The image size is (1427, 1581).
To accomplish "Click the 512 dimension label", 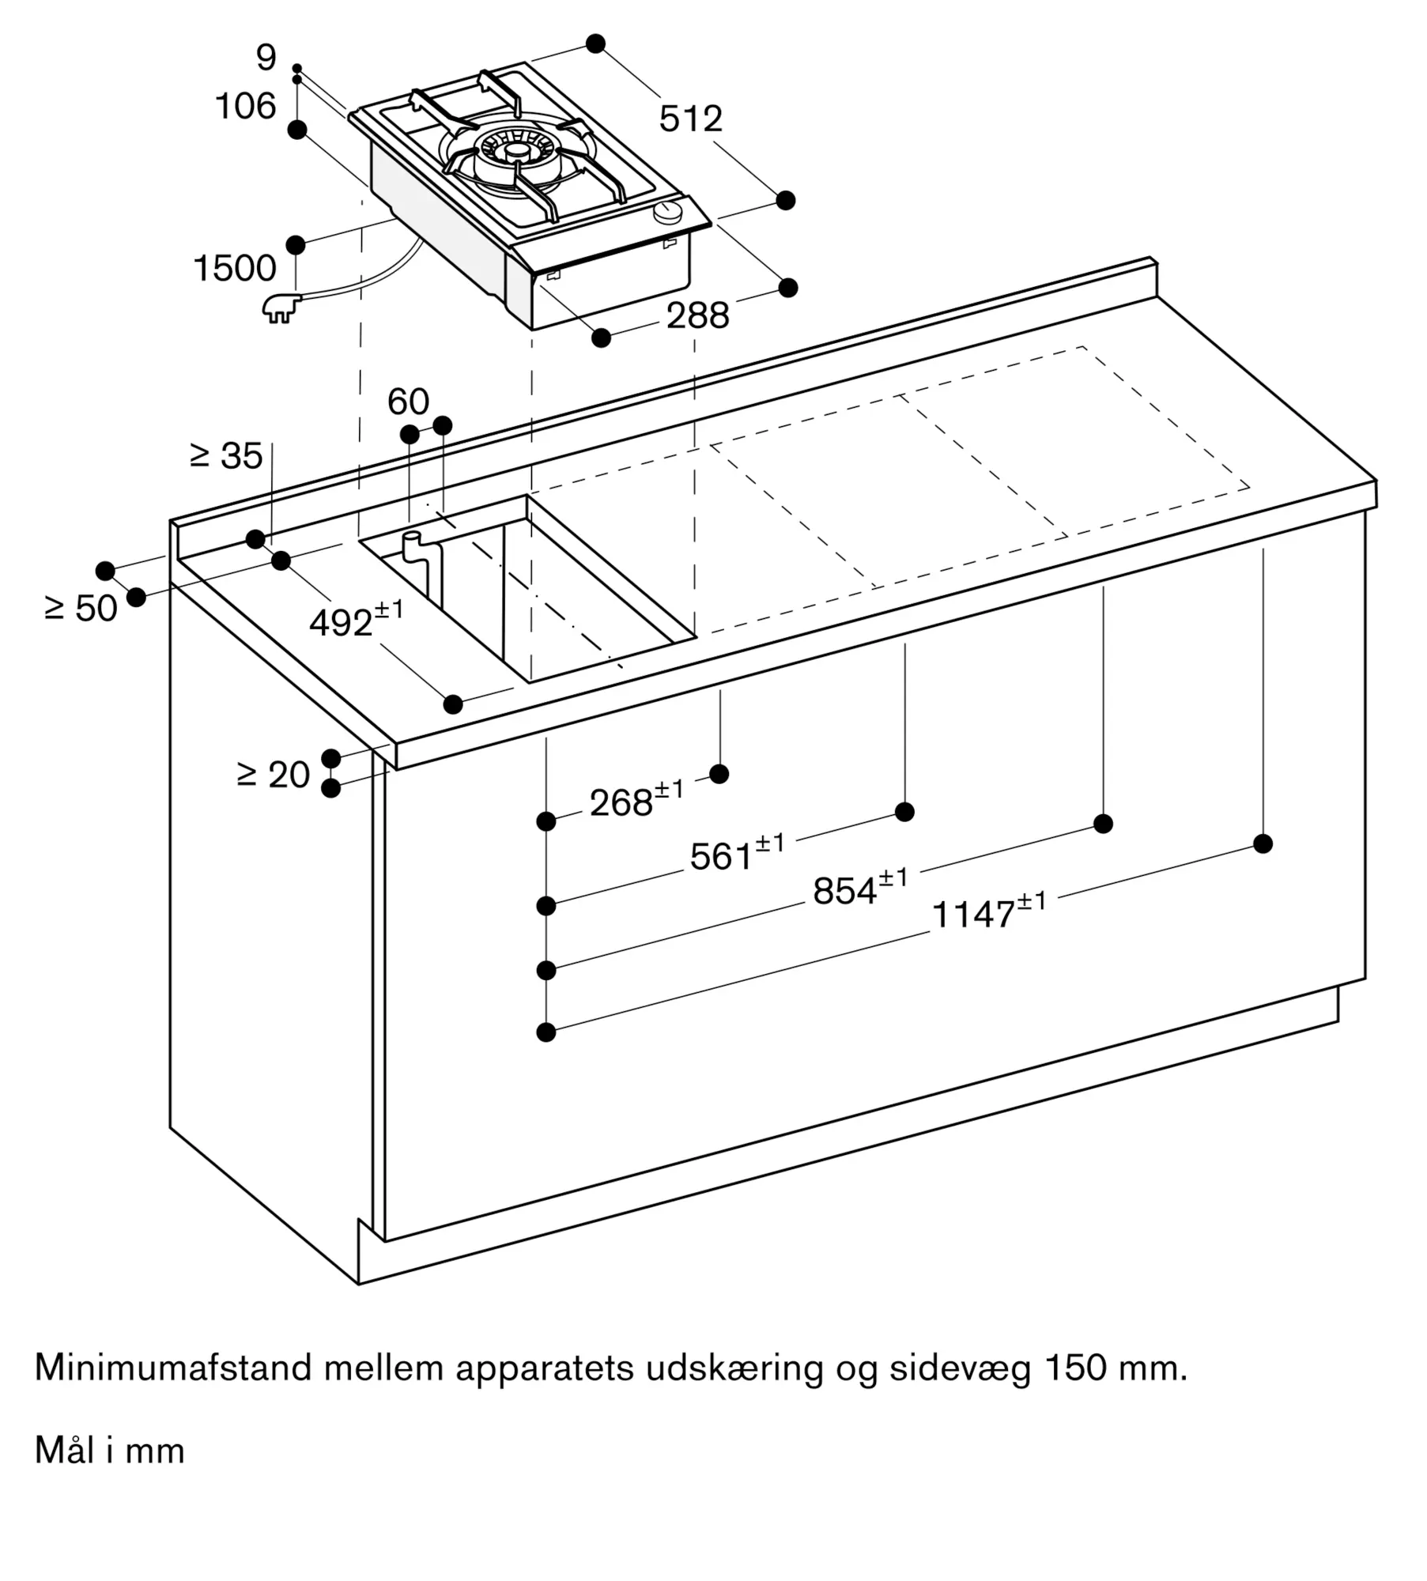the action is coord(690,119).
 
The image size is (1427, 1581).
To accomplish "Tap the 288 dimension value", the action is coord(697,316).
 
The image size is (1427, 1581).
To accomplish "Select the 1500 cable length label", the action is coord(235,268).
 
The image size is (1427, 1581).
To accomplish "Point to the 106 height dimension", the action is coord(246,106).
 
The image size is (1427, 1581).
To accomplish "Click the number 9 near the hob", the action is coord(266,57).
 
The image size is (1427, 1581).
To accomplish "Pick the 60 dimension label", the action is coord(408,402).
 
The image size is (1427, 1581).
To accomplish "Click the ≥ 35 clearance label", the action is coord(226,456).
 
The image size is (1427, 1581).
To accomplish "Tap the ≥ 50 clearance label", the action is coord(81,608).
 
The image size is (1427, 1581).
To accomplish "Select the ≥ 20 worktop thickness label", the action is coord(273,775).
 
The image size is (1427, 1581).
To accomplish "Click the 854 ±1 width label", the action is coord(860,887).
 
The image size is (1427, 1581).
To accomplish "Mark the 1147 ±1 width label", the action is coord(989,910).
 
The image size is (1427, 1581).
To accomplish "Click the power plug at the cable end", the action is coord(281,307).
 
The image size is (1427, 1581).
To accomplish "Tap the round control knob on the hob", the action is coord(670,211).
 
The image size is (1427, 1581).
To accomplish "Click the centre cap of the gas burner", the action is coord(518,150).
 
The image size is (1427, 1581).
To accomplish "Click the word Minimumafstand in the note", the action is coord(174,1368).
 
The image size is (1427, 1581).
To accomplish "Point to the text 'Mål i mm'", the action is coord(110,1451).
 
